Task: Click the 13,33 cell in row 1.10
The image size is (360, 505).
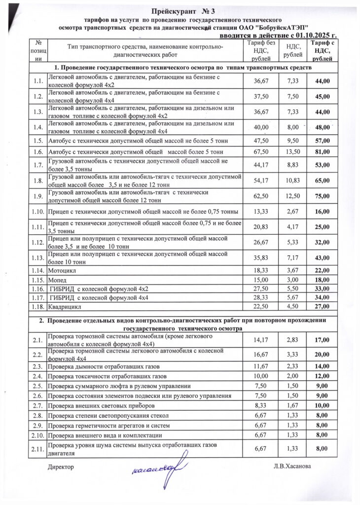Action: point(257,211)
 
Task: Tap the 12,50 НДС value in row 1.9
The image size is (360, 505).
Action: point(289,195)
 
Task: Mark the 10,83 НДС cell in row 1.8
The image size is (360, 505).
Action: point(289,180)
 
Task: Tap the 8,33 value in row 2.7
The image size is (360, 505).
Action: point(257,405)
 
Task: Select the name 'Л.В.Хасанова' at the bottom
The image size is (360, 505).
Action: point(295,466)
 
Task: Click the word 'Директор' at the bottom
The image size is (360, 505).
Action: point(61,466)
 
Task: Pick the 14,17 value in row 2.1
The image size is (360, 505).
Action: point(257,340)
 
